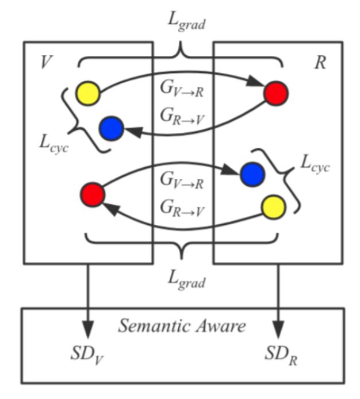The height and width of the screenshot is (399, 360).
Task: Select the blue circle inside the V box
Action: pyautogui.click(x=112, y=128)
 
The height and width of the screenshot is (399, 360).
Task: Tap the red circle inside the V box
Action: pyautogui.click(x=93, y=194)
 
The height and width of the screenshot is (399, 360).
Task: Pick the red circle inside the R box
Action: pyautogui.click(x=275, y=93)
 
